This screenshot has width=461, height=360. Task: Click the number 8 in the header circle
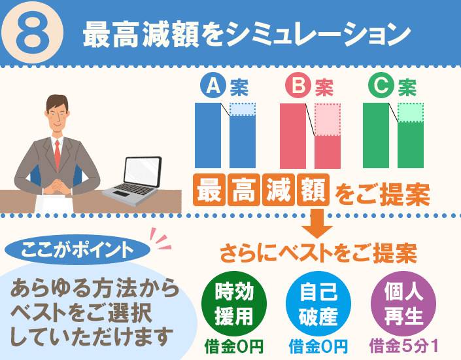click(33, 33)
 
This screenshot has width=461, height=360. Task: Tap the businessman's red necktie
click(58, 154)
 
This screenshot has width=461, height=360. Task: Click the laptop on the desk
click(133, 181)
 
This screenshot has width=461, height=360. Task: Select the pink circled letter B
click(298, 85)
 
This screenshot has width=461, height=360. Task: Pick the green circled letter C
click(381, 85)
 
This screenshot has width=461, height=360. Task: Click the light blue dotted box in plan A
click(243, 109)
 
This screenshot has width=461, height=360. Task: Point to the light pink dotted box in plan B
click(328, 120)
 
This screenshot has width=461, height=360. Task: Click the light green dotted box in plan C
click(411, 113)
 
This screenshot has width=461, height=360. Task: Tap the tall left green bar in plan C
click(376, 135)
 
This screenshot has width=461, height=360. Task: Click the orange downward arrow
click(317, 224)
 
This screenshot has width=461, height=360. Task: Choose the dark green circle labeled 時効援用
click(234, 304)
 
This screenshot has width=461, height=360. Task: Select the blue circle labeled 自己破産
click(318, 304)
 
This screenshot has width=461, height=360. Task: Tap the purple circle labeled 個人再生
click(403, 304)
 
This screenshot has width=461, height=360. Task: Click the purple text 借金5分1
click(403, 346)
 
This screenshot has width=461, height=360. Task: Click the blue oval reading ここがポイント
click(78, 249)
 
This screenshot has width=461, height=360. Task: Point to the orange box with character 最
click(209, 190)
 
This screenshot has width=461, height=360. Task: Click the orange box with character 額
click(313, 190)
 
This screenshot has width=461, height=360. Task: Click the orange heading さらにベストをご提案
click(318, 253)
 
